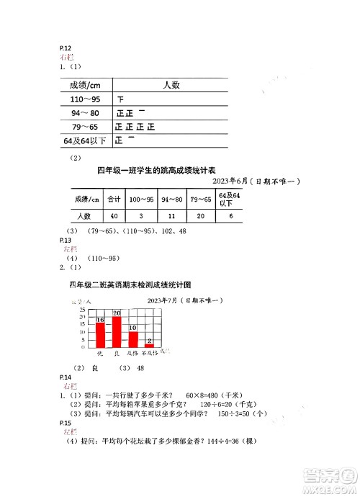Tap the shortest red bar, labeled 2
[149, 345]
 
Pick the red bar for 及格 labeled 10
[132, 339]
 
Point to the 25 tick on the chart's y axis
[83, 310]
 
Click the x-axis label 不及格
[149, 354]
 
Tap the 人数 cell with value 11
[172, 215]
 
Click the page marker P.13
[66, 239]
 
